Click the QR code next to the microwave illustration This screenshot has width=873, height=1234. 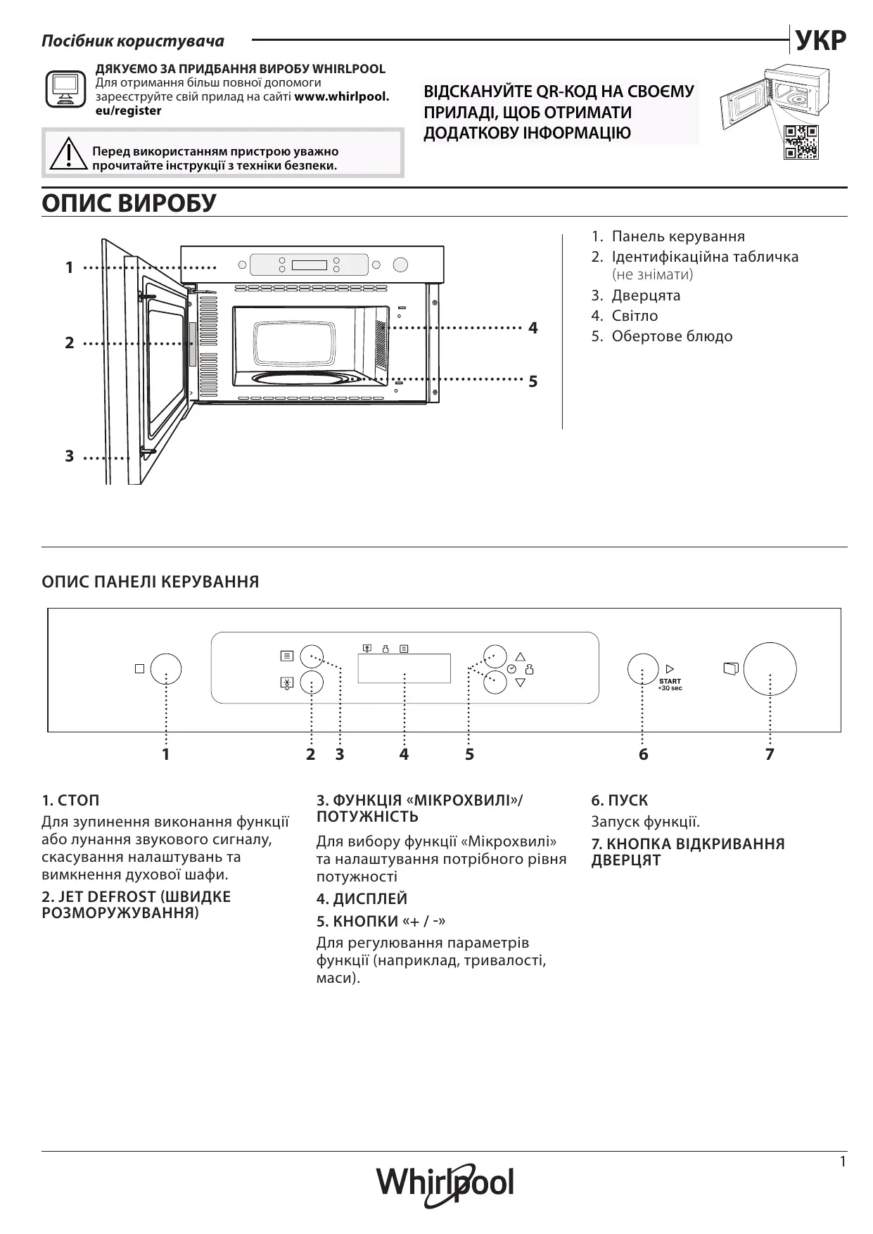pyautogui.click(x=801, y=142)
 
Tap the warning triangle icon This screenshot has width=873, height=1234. pyautogui.click(x=69, y=154)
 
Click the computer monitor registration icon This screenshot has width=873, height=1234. pyautogui.click(x=65, y=89)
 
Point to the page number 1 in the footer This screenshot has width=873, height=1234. pyautogui.click(x=843, y=1162)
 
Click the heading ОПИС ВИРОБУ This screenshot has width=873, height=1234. pyautogui.click(x=129, y=203)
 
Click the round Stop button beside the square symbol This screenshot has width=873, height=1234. pyautogui.click(x=166, y=669)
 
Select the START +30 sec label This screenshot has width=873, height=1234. pyautogui.click(x=670, y=684)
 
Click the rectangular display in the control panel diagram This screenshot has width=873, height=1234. pyautogui.click(x=404, y=668)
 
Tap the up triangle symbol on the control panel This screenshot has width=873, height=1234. pyautogui.click(x=521, y=656)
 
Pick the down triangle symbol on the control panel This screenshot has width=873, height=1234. pyautogui.click(x=521, y=682)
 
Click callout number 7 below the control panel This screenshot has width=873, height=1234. pyautogui.click(x=770, y=754)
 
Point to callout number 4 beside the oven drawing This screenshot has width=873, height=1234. pyautogui.click(x=533, y=328)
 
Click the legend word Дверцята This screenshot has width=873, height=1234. pyautogui.click(x=646, y=295)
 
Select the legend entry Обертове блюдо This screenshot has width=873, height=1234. pyautogui.click(x=672, y=336)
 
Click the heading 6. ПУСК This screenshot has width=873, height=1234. pyautogui.click(x=619, y=800)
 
